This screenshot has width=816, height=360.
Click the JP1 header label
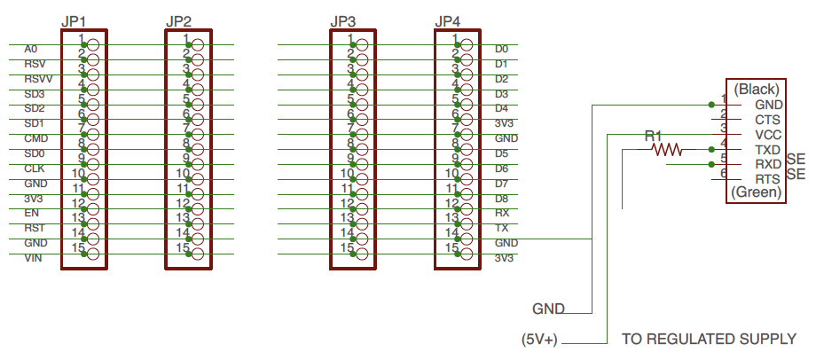point(75,20)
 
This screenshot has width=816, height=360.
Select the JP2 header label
point(179,20)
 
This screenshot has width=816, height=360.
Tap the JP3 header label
point(343,20)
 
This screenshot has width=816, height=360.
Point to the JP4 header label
point(449,20)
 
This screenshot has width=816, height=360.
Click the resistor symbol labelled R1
point(667,150)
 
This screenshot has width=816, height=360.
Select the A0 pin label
point(31,49)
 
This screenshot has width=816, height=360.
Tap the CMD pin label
point(35,138)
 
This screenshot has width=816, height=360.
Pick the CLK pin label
point(35,168)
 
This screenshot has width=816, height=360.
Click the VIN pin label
point(34,258)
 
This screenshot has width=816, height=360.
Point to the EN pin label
point(32,213)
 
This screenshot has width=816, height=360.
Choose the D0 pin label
point(501,49)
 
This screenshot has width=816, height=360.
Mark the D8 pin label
point(501,198)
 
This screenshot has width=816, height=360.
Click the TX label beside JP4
point(501,228)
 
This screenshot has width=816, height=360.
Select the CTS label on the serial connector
point(768,119)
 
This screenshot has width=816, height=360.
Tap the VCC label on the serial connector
point(768,134)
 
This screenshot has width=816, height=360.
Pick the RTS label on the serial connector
point(768,179)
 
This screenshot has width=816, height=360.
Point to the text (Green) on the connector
point(757,192)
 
